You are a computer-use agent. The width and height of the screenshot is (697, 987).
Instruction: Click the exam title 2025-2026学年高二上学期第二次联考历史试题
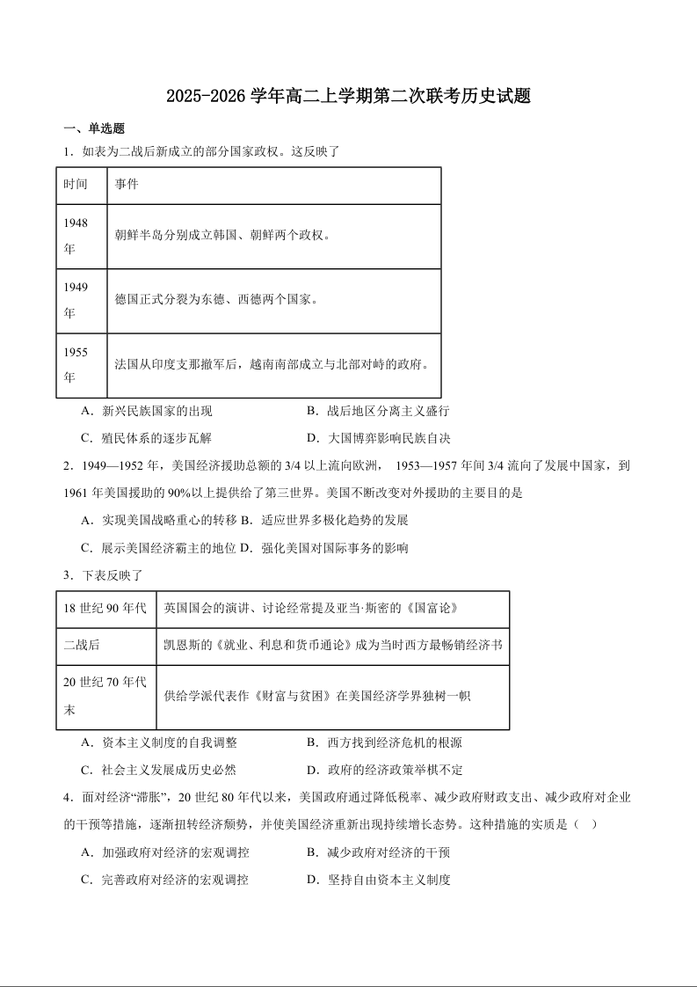348,96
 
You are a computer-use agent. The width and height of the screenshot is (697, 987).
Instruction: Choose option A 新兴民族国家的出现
146,411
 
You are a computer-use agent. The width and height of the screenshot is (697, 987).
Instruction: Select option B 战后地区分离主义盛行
378,411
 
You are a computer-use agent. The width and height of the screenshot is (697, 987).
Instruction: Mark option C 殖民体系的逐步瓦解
146,438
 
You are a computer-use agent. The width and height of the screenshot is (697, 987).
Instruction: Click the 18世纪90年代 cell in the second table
105,609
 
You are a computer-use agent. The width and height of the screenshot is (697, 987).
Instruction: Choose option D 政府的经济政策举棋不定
384,770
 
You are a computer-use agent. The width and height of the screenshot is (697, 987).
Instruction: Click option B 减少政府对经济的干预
378,852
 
